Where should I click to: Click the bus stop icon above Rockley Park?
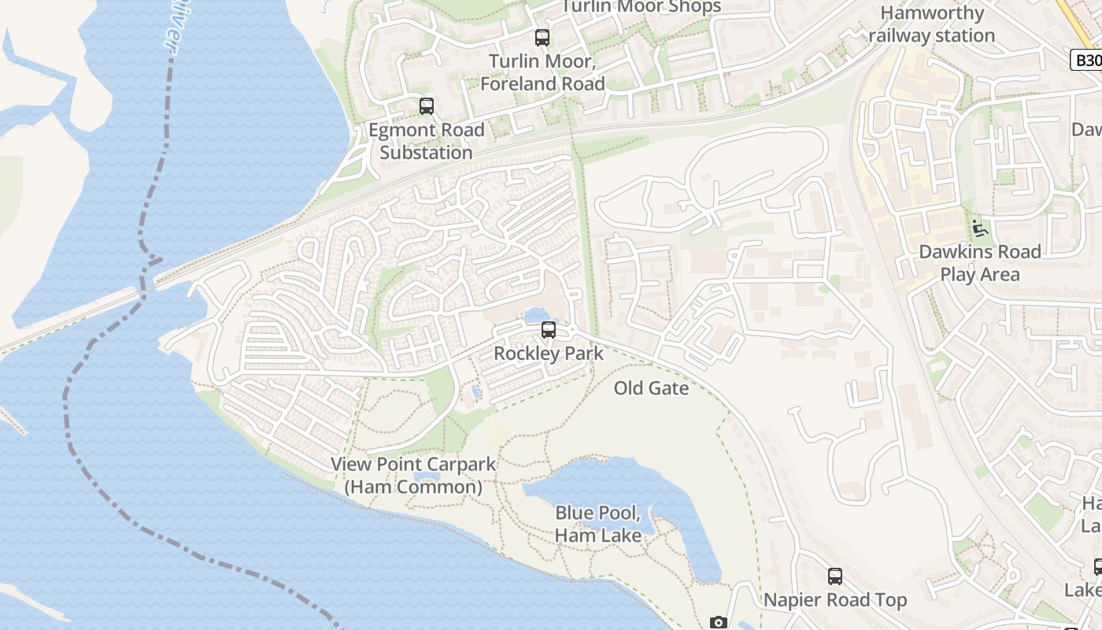549,330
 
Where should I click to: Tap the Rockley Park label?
549,354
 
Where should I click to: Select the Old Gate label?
651,388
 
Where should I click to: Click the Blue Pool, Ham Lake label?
597,524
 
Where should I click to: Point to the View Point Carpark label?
413,465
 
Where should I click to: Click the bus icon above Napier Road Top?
835,576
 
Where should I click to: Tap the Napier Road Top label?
835,600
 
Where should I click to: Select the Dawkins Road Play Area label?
980,263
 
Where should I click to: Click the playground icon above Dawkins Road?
980,228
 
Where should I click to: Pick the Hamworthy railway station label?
932,24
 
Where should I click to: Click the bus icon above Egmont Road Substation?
427,106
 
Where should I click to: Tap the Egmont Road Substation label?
426,141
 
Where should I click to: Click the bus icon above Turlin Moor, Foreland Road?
542,37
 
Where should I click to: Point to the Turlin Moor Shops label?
640,7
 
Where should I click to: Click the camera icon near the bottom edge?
718,623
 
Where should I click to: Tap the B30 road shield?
1087,60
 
